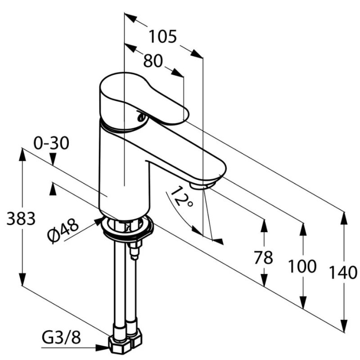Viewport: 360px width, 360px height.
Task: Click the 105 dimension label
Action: coord(163,36)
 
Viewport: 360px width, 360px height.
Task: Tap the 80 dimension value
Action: coord(153,61)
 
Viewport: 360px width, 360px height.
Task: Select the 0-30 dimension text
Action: coord(51,143)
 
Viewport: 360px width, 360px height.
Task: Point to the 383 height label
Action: coord(21,219)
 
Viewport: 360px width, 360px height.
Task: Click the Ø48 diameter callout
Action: coord(63,230)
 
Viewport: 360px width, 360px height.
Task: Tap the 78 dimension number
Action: coord(263,257)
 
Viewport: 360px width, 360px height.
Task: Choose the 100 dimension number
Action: coord(302,266)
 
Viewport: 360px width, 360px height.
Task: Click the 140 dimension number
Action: coord(343,273)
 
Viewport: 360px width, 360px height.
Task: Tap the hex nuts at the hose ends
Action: coord(125,342)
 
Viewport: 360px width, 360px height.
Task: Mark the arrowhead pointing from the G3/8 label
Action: coord(102,348)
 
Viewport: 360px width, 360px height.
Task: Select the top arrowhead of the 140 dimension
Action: coord(344,218)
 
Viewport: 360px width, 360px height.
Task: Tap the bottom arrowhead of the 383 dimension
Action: coord(22,279)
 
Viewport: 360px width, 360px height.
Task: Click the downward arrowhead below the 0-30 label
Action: coord(53,159)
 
